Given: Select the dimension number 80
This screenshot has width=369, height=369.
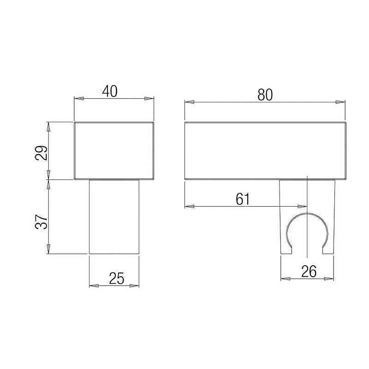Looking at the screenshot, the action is tap(265, 95).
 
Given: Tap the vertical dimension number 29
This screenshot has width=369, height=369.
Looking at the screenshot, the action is tap(42, 153).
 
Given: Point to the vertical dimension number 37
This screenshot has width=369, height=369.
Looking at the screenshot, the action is tap(42, 222).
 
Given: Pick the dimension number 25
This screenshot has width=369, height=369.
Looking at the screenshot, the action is tap(117, 278).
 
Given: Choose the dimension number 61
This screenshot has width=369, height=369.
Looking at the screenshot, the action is tap(243, 199).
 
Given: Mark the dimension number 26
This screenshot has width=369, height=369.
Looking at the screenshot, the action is tap(309, 272).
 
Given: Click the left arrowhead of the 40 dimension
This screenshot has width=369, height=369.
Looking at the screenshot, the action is tap(79, 99).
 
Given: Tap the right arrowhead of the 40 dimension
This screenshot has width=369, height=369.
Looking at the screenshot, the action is tap(149, 99).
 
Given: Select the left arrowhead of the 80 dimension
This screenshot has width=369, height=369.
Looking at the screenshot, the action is tap(190, 102).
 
